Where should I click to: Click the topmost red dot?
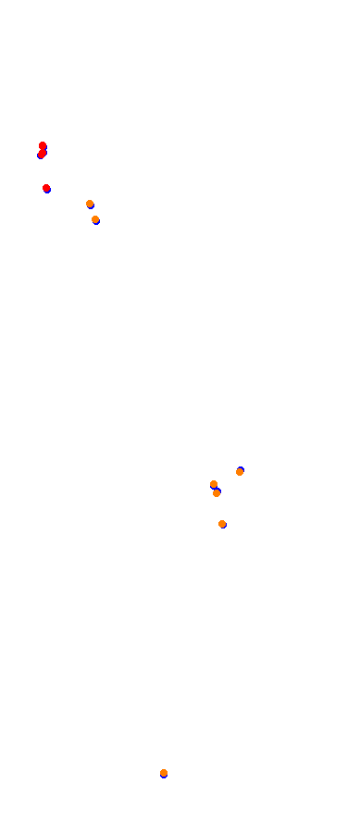(43, 145)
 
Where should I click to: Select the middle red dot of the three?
(43, 153)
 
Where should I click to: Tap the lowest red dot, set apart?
(46, 188)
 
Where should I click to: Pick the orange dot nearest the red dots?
(90, 204)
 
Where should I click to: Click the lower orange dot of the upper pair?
(95, 219)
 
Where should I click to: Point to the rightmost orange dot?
(240, 472)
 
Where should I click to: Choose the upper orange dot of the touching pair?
(214, 484)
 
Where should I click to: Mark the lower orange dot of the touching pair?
(217, 493)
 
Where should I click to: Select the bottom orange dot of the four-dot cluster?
(222, 524)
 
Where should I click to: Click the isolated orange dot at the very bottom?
(164, 773)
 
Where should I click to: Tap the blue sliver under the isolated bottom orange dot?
(164, 777)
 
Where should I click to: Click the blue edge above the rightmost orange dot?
(240, 468)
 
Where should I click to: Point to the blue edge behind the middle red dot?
(40, 155)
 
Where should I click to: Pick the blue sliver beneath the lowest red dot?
(47, 191)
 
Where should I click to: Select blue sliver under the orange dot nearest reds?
(92, 206)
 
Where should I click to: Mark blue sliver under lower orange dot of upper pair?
(96, 223)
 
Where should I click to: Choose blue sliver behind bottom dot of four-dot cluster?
(224, 527)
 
